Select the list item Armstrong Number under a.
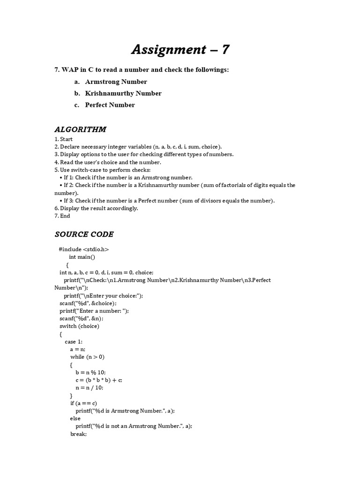click(116, 82)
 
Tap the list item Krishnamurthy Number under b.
click(123, 93)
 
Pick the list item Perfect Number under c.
click(110, 105)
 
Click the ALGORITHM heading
click(81, 129)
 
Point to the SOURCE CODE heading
click(84, 234)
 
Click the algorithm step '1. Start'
click(64, 139)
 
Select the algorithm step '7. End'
click(62, 216)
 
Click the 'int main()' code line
click(82, 257)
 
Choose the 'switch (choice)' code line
click(79, 326)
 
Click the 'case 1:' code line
click(74, 342)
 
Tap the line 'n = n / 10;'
click(89, 388)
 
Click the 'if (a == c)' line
click(84, 403)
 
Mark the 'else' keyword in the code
click(75, 418)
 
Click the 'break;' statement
click(79, 434)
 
